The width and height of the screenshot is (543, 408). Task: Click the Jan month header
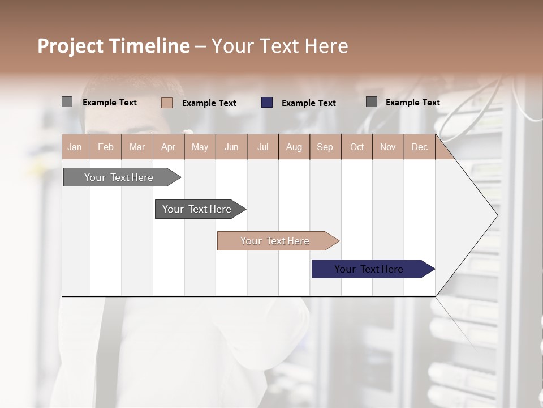(x=75, y=147)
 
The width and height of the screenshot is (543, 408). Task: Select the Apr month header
(x=169, y=147)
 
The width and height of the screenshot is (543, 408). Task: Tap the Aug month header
(x=294, y=147)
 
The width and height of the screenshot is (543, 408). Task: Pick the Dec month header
(x=420, y=147)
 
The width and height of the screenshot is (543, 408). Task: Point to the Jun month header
(x=231, y=147)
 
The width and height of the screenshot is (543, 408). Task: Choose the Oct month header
(x=357, y=147)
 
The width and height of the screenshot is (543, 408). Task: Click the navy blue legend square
(x=267, y=103)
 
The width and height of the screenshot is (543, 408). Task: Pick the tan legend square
(x=167, y=103)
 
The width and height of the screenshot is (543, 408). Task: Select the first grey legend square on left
(x=67, y=102)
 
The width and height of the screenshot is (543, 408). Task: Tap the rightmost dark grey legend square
(x=372, y=102)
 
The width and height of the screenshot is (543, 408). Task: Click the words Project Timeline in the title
(x=113, y=46)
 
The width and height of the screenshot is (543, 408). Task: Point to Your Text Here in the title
(x=280, y=46)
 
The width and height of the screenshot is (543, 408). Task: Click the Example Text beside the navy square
(x=308, y=103)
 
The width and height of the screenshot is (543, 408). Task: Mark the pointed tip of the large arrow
(x=497, y=215)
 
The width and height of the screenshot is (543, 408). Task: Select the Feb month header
(x=106, y=147)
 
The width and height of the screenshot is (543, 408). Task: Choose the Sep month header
(x=325, y=147)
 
